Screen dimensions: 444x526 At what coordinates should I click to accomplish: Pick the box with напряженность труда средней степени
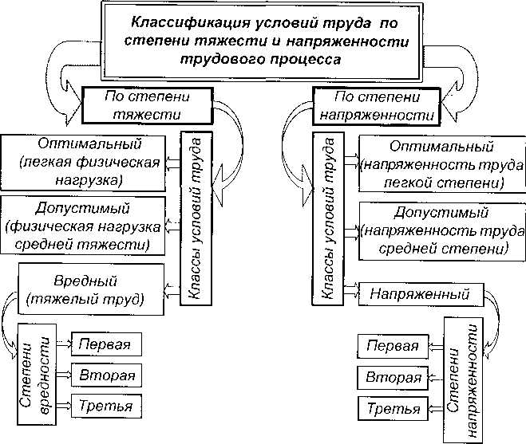pyautogui.click(x=435, y=230)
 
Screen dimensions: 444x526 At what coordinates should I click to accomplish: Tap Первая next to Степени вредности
pyautogui.click(x=106, y=344)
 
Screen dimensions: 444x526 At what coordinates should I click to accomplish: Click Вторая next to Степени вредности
pyautogui.click(x=106, y=375)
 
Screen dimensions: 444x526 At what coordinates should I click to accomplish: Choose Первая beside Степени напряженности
pyautogui.click(x=392, y=347)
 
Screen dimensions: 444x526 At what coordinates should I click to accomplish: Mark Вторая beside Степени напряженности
pyautogui.click(x=392, y=378)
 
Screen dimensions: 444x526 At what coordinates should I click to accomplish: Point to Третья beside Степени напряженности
pyautogui.click(x=392, y=410)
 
